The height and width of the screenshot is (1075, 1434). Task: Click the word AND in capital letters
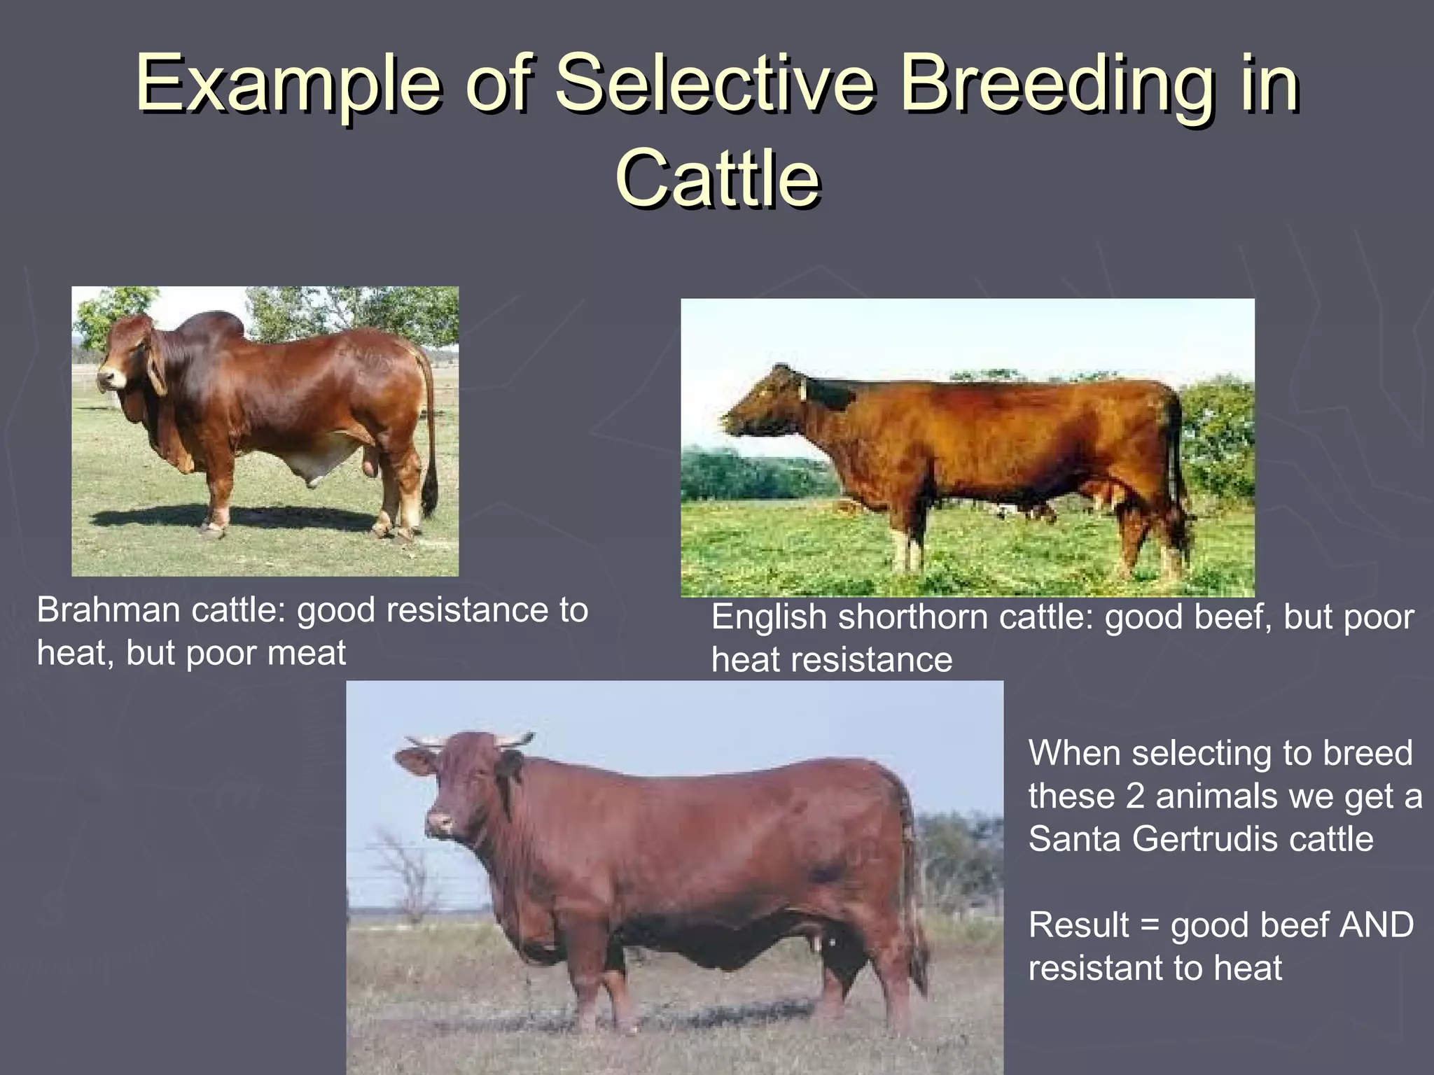1376,925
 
